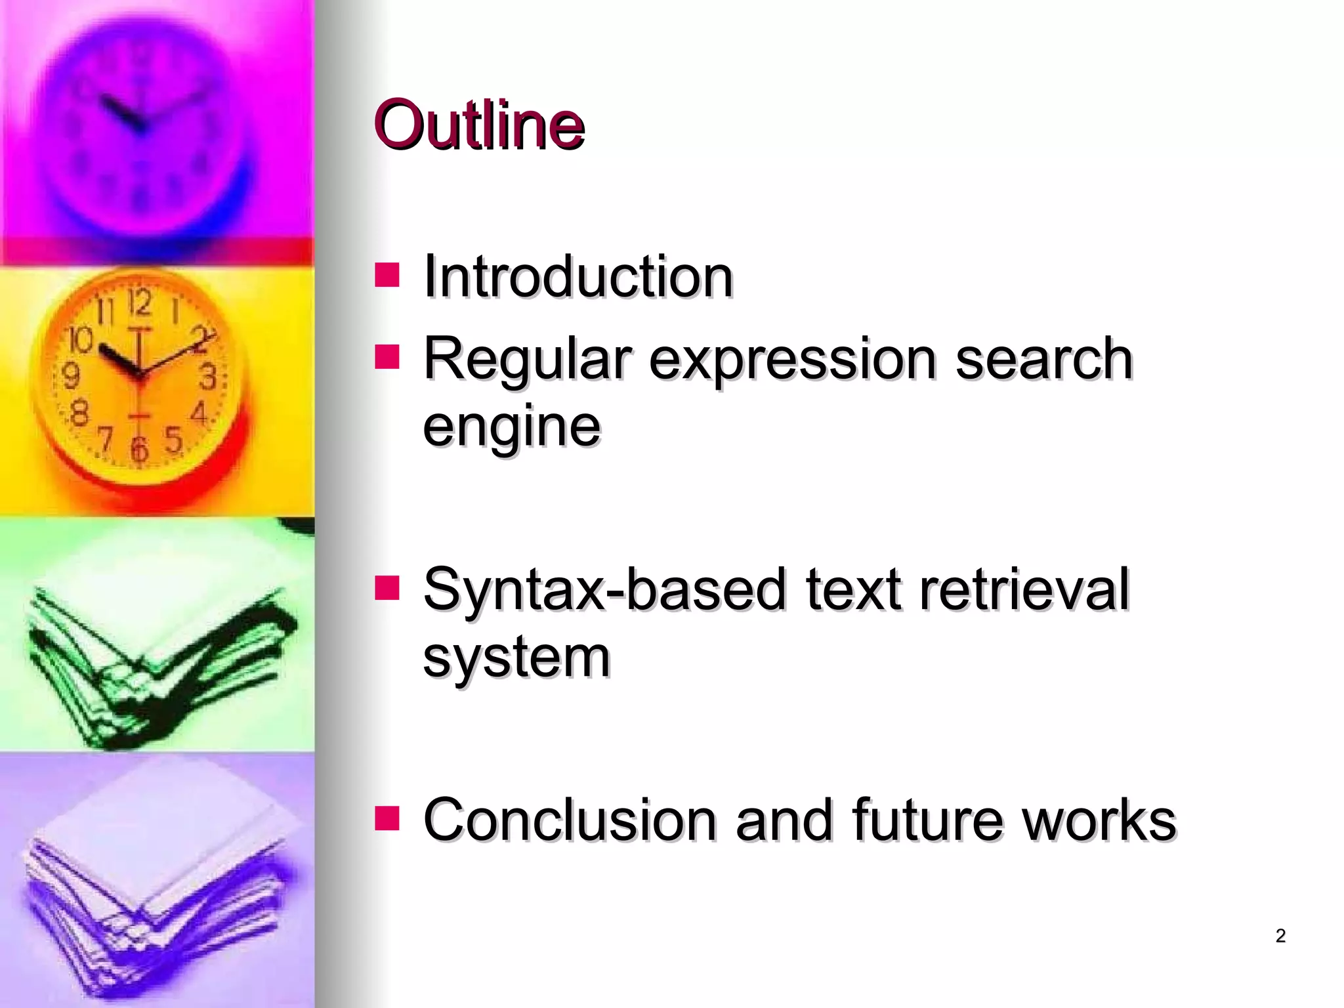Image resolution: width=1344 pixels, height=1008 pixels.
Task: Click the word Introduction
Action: coord(577,276)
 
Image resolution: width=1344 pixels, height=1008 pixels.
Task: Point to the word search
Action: coord(1043,358)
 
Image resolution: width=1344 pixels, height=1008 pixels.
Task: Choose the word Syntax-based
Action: coord(604,589)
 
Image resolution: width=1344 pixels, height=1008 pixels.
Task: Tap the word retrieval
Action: coord(1024,589)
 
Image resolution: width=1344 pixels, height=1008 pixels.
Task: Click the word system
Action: coord(516,658)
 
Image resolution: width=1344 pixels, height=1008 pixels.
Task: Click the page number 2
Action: coord(1280,936)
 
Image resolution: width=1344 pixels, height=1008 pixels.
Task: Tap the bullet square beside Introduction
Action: coord(387,276)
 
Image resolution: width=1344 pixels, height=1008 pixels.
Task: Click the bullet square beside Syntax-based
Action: coord(387,588)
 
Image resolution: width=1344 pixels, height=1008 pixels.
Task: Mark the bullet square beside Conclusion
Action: coord(387,818)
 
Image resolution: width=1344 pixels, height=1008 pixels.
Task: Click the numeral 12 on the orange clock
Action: coord(139,303)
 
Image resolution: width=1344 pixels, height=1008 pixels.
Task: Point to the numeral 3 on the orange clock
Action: coord(208,377)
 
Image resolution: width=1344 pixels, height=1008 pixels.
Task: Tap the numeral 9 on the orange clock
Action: coord(70,376)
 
